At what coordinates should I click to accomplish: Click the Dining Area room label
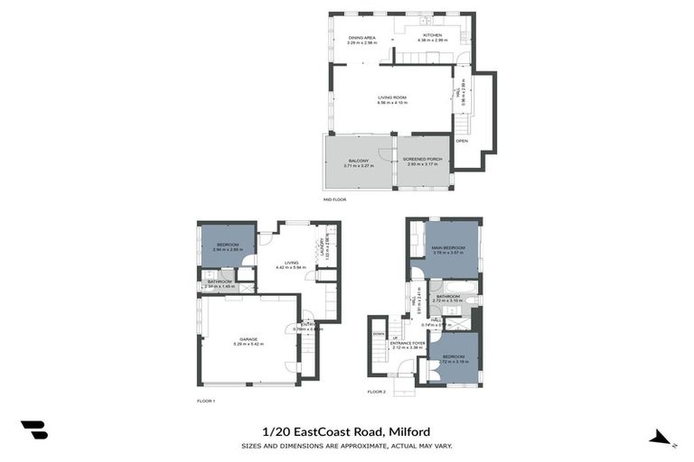[x=361, y=37]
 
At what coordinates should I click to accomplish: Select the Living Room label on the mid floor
[x=392, y=97]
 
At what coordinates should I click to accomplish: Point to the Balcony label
[x=359, y=161]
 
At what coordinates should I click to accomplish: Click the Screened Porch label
[x=424, y=160]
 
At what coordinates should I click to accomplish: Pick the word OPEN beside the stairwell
[x=462, y=141]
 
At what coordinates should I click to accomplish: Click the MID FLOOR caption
[x=334, y=199]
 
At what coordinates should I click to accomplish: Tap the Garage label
[x=249, y=338]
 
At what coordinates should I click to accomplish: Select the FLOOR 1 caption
[x=206, y=401]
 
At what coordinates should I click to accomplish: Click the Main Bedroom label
[x=448, y=248]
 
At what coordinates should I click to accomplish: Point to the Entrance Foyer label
[x=408, y=343]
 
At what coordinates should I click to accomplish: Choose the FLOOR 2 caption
[x=376, y=392]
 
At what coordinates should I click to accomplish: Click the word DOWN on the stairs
[x=378, y=333]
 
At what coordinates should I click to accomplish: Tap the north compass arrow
[x=662, y=439]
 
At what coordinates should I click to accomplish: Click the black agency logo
[x=34, y=430]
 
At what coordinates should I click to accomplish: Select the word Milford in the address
[x=409, y=431]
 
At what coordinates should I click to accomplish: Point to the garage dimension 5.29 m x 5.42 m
[x=249, y=344]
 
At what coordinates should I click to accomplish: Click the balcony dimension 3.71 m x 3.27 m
[x=359, y=166]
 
